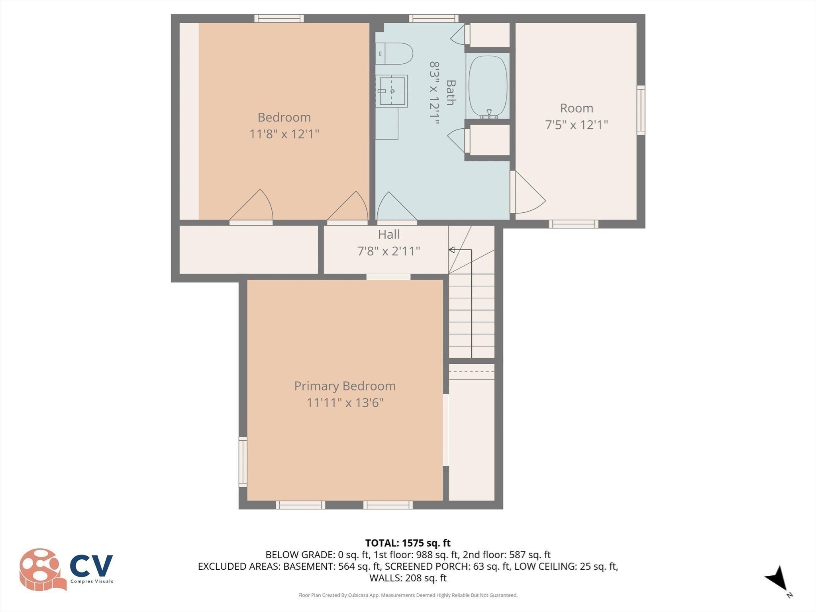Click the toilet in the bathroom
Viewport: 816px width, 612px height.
(x=394, y=53)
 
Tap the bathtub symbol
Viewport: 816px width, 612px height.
(x=488, y=86)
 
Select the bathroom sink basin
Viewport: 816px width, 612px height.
(x=392, y=91)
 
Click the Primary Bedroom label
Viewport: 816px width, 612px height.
(x=345, y=386)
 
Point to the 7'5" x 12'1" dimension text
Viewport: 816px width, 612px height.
(x=576, y=125)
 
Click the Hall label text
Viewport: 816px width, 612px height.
(x=388, y=234)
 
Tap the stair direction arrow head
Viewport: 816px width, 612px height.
(x=452, y=250)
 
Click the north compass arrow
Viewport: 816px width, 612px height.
(x=777, y=580)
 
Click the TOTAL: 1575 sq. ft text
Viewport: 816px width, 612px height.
(x=408, y=543)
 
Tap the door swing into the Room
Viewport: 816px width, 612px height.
(x=528, y=193)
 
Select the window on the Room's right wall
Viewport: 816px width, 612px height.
(x=640, y=110)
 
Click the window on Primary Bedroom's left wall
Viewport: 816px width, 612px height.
(x=243, y=461)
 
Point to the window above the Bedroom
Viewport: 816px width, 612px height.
(x=279, y=18)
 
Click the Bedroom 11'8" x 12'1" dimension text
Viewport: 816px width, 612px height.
(x=284, y=134)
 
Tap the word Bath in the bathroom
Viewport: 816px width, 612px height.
(x=450, y=92)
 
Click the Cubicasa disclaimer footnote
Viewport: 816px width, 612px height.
(x=408, y=595)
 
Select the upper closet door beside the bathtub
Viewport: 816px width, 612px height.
(x=459, y=35)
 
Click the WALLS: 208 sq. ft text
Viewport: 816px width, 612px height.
(x=408, y=578)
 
